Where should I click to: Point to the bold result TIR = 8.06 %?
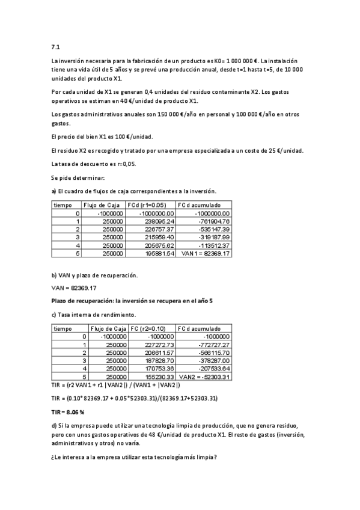point(67,413)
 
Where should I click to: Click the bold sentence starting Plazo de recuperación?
point(132,301)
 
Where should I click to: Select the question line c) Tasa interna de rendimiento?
point(94,315)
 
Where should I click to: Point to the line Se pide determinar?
point(78,177)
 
